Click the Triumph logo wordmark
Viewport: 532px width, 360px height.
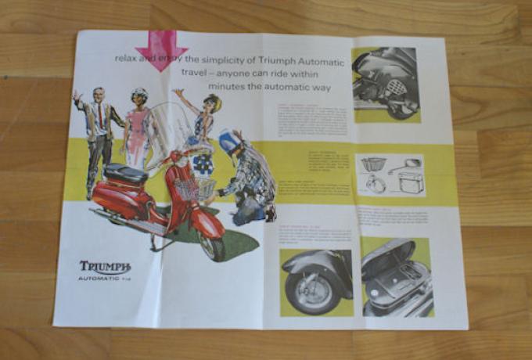(x=104, y=266)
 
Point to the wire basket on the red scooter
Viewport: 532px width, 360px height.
(x=195, y=188)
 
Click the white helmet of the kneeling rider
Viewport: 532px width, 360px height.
(x=229, y=142)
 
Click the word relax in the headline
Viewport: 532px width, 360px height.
(x=128, y=59)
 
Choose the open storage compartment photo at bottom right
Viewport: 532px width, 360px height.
(x=396, y=277)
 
